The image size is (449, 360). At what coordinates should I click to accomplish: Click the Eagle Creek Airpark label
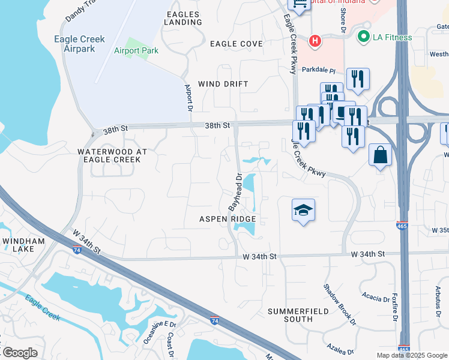tap(84, 44)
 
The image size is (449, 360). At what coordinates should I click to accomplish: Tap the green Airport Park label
tap(136, 51)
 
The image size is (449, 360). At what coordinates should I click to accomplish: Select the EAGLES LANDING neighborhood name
tap(184, 17)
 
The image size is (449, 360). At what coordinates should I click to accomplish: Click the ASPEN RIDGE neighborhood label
tap(228, 220)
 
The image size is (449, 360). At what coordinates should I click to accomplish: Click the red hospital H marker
tap(314, 41)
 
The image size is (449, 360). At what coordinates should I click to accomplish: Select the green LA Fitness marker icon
tap(363, 37)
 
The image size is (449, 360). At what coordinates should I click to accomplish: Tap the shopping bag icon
tap(380, 155)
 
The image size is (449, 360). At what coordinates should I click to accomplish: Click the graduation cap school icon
tap(303, 210)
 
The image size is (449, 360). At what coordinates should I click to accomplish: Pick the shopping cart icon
tap(300, 4)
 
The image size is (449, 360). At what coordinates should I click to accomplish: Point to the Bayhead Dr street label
tap(235, 192)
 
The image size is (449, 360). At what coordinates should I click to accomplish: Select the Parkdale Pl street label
tap(318, 70)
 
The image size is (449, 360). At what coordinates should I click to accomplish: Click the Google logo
tap(20, 353)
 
